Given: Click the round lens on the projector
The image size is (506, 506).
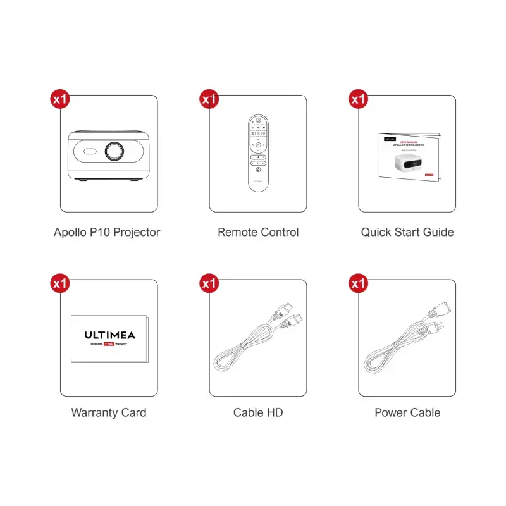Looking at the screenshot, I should (x=114, y=152).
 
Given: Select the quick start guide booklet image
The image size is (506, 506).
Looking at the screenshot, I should (x=409, y=156).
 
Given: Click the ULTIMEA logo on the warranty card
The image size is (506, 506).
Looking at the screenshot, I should (x=109, y=335).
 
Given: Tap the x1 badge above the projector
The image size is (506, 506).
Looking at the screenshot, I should (x=60, y=99).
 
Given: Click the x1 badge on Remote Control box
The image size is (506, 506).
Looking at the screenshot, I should (x=209, y=99).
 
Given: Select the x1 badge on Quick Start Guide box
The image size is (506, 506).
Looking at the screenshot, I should (x=359, y=99).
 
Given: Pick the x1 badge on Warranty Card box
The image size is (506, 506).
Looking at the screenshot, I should (x=60, y=284).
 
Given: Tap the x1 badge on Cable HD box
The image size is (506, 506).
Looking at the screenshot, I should (x=209, y=284).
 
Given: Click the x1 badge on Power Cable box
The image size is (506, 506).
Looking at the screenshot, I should (x=359, y=284).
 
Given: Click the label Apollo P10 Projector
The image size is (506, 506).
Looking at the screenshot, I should (x=107, y=232).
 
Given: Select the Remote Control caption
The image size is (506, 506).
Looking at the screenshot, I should (x=258, y=232).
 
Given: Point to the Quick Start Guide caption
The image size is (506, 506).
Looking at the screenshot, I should (x=407, y=232).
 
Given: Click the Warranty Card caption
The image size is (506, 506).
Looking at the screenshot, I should (x=109, y=412).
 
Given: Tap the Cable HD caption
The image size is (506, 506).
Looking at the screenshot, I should (x=258, y=412).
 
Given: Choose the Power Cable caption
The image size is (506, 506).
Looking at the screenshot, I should (x=407, y=412).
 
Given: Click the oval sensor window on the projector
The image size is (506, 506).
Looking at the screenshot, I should (x=88, y=152).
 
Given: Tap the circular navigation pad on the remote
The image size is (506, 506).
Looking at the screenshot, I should (x=258, y=145).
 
